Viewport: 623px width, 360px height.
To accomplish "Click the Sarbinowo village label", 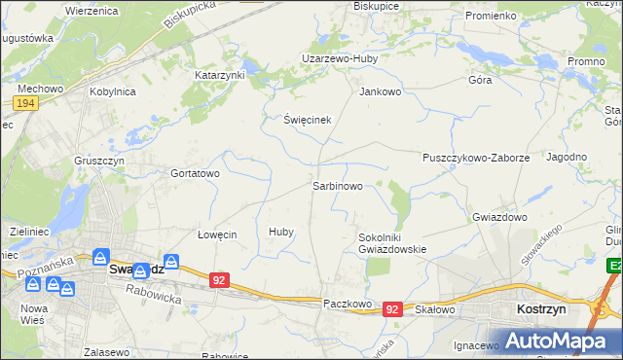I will point(338,185).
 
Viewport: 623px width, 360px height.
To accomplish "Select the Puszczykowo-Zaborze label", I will point(476,157).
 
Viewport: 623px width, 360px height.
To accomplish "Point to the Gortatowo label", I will point(196,173).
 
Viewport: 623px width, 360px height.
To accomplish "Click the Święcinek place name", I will point(309,120).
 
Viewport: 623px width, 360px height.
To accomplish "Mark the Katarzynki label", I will point(221,74).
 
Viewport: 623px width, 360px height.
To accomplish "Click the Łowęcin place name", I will point(217,234).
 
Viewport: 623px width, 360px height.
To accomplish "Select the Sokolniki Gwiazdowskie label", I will point(393,242).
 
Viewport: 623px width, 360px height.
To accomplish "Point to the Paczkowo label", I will point(348,304).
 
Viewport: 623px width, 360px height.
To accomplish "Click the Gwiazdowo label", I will point(499,217).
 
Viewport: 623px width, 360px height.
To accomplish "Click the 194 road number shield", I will point(26,102).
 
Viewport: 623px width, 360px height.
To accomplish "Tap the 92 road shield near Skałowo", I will point(392,308).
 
